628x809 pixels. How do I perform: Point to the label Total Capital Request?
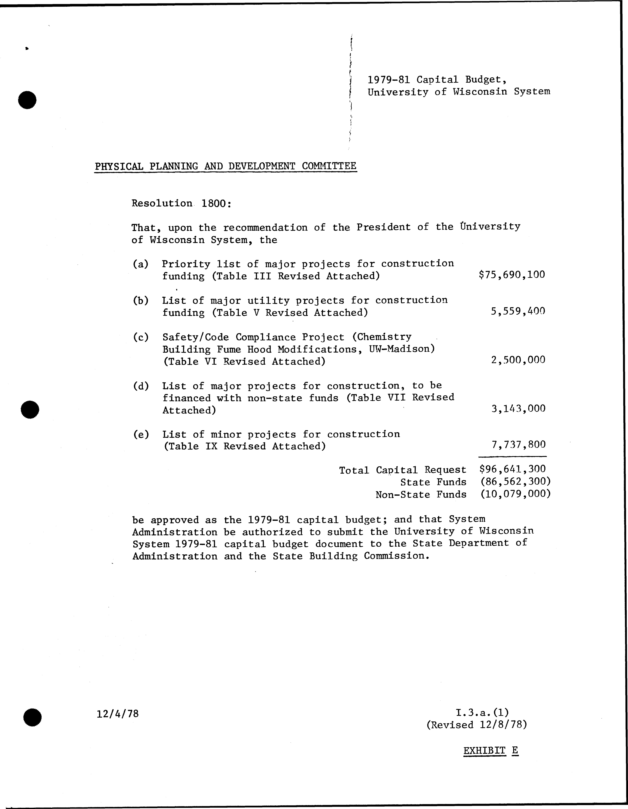pos(402,470)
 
